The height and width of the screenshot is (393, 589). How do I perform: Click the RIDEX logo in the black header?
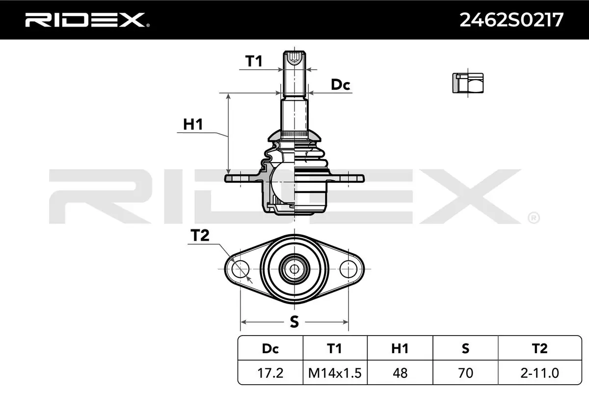pos(87,20)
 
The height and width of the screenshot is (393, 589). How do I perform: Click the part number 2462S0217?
pos(511,20)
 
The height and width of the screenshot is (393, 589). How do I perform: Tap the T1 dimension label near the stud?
pos(254,61)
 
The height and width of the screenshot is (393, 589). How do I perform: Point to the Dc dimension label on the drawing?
pos(341,85)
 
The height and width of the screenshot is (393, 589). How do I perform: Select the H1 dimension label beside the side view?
pos(193,124)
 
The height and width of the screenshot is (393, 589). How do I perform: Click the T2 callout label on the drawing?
pos(200,235)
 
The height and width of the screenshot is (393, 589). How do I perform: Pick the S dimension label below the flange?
pos(294,322)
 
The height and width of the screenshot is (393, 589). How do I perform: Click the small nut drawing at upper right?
pos(468,83)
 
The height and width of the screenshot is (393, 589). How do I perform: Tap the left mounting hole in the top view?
pos(241,269)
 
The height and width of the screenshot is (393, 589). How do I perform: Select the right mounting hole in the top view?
pos(348,269)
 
